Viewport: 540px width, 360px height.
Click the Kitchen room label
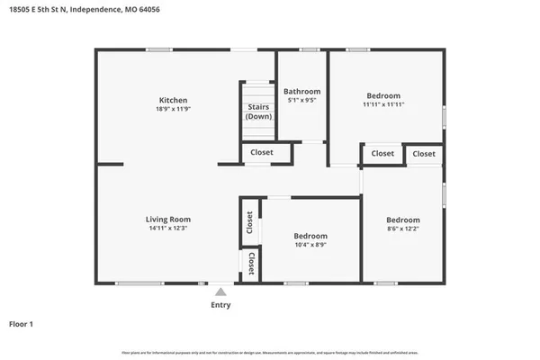point(173,100)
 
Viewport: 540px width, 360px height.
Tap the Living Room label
point(168,219)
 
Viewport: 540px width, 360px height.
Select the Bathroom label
point(301,92)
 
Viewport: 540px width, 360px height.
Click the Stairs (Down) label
point(259,112)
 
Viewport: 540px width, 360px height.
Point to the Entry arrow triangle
point(220,292)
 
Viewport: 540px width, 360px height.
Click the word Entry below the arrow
point(220,305)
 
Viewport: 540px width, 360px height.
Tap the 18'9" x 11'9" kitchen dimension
point(173,109)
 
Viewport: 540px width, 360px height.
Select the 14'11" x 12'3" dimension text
point(168,228)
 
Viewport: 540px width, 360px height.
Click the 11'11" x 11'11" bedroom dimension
point(383,104)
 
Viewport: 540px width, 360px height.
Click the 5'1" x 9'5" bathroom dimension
point(301,101)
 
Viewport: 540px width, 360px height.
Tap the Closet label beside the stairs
point(262,153)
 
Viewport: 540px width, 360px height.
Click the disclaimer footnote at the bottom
point(270,351)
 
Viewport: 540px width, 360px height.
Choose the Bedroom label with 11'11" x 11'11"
point(383,95)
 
